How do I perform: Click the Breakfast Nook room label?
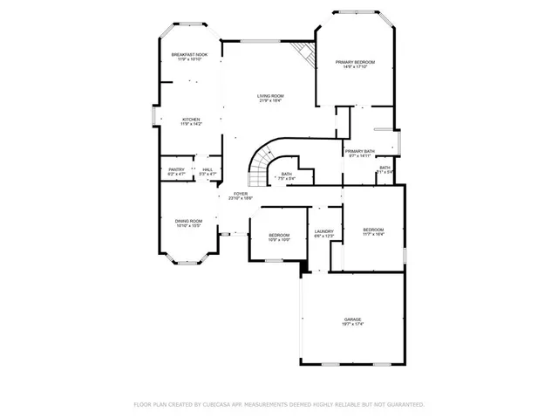[x=189, y=55]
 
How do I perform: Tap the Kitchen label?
[x=191, y=120]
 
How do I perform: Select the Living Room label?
[x=270, y=96]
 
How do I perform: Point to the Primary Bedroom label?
[x=356, y=62]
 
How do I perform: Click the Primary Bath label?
[x=359, y=151]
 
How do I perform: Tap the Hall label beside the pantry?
[x=208, y=170]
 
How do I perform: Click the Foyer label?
[x=240, y=194]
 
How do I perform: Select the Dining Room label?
[x=189, y=221]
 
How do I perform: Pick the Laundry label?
[x=323, y=231]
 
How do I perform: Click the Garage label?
[x=352, y=319]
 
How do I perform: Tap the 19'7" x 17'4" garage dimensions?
[x=352, y=325]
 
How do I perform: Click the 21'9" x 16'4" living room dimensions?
[x=270, y=101]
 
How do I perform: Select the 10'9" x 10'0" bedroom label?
[x=279, y=237]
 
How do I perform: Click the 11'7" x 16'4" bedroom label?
[x=373, y=231]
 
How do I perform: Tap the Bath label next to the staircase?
[x=287, y=174]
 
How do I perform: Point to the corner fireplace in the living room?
[x=302, y=52]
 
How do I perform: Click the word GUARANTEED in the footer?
[x=405, y=405]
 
